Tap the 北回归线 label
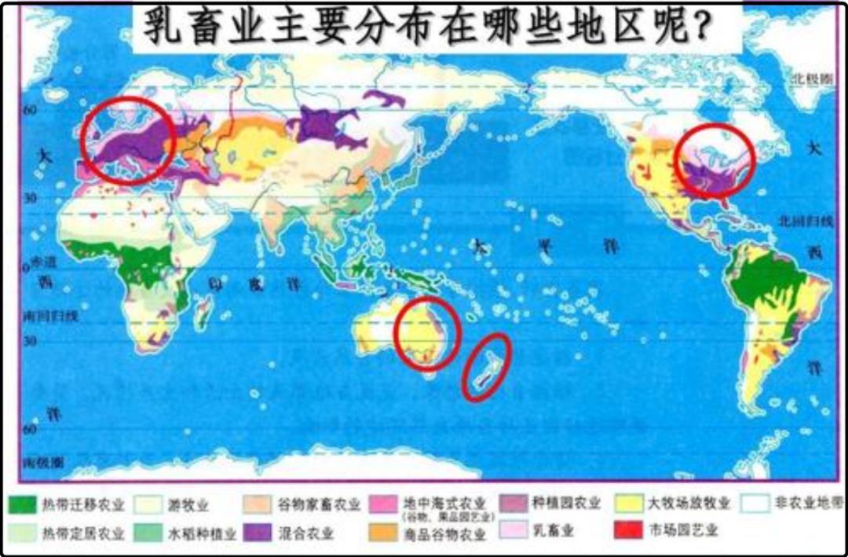click(x=810, y=221)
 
